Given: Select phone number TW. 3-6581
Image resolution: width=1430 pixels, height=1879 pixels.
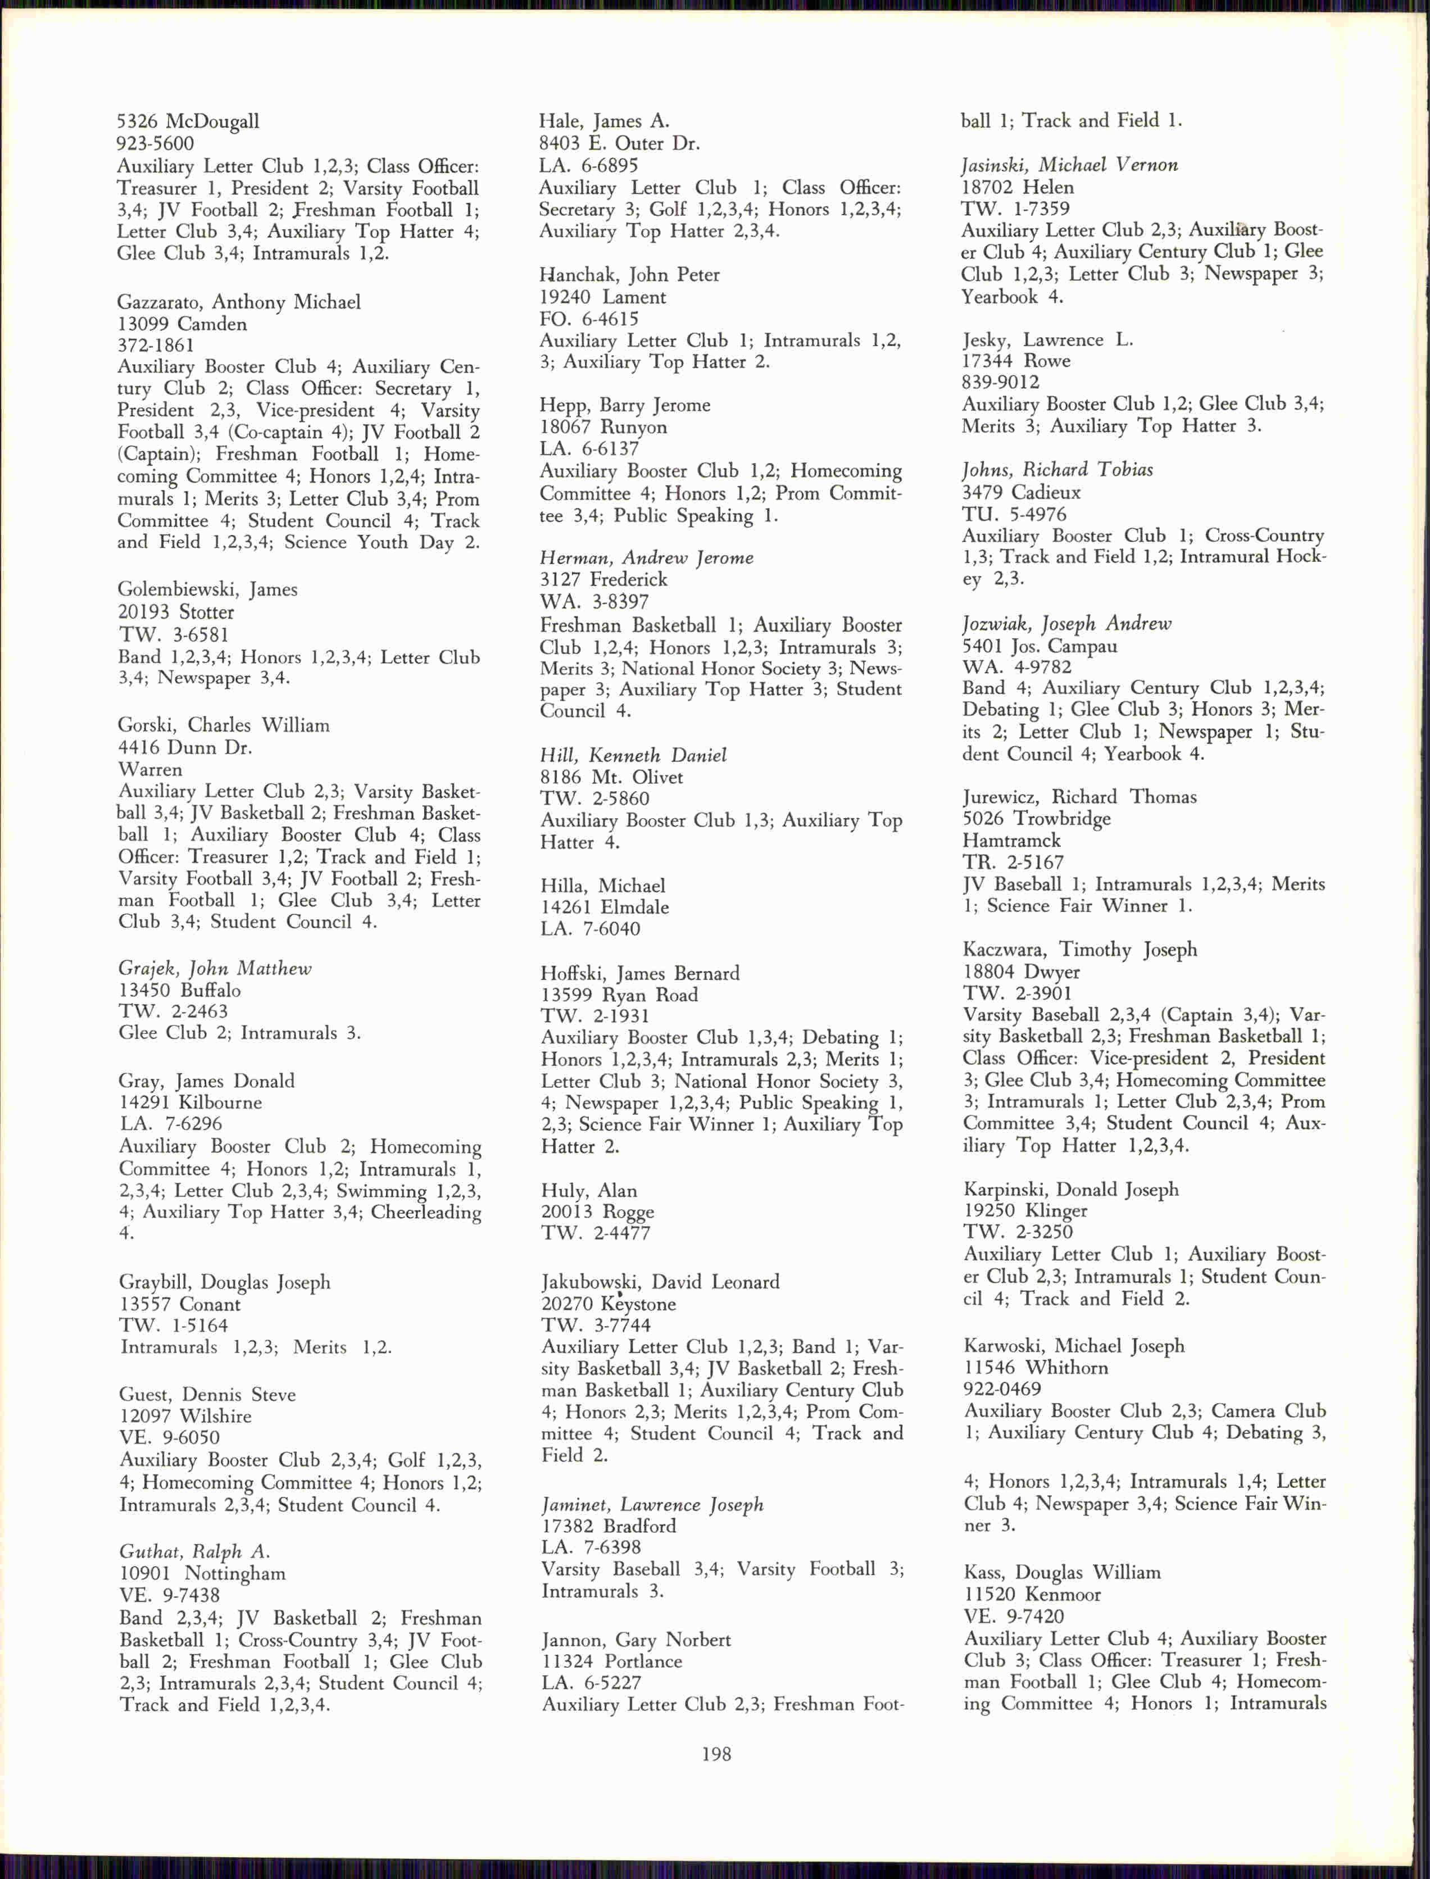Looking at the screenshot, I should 174,635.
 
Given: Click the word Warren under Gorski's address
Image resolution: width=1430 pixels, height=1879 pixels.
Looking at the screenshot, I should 150,769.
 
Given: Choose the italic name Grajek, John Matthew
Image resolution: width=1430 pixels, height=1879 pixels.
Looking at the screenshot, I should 215,968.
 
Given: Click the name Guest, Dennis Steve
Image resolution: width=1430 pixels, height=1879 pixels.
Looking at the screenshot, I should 207,1395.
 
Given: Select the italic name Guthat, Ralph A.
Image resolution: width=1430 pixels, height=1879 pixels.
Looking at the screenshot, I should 194,1551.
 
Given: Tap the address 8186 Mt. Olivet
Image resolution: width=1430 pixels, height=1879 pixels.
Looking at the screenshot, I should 611,777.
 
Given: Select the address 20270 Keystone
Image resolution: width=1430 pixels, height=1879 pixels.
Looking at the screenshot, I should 609,1304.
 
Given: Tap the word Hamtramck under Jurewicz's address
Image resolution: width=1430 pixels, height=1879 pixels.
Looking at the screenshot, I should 1011,841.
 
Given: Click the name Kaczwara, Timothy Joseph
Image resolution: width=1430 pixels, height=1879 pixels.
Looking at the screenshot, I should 1079,950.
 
